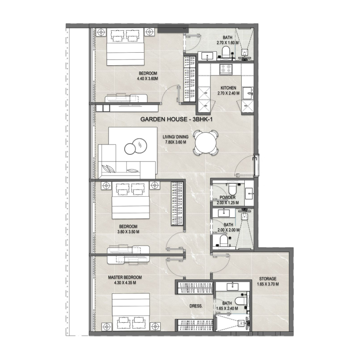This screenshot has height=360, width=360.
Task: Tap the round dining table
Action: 205,143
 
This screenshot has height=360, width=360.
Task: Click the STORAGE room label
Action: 267,279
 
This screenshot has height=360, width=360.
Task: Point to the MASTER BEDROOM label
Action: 125,277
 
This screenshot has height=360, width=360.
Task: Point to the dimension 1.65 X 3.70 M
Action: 267,284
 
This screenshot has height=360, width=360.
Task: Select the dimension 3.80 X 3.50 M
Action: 128,232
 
